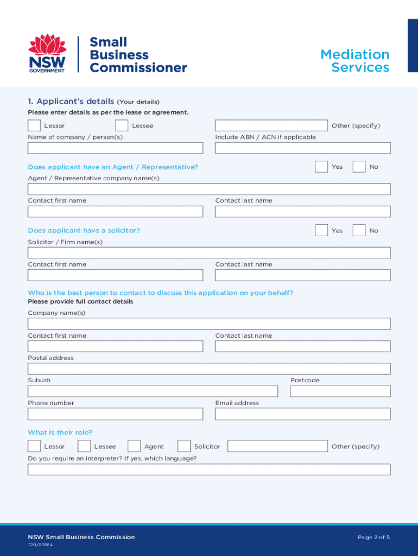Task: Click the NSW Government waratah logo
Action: point(47,53)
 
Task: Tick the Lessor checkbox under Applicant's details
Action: point(34,125)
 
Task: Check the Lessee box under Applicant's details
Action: point(122,125)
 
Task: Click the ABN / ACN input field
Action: point(302,148)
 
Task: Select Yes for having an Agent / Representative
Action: point(321,167)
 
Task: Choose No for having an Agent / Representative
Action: point(359,167)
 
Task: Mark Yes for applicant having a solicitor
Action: point(321,230)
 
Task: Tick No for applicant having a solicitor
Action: point(359,230)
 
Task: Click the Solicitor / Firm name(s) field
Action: point(209,253)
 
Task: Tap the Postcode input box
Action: point(340,391)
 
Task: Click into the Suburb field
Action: point(153,391)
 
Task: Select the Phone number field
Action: point(115,414)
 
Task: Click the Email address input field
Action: point(302,414)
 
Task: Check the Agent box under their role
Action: point(134,446)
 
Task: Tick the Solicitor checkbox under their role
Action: point(184,446)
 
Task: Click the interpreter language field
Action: point(209,469)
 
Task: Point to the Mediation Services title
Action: point(355,61)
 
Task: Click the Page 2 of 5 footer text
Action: point(373,537)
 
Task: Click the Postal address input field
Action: point(209,369)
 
